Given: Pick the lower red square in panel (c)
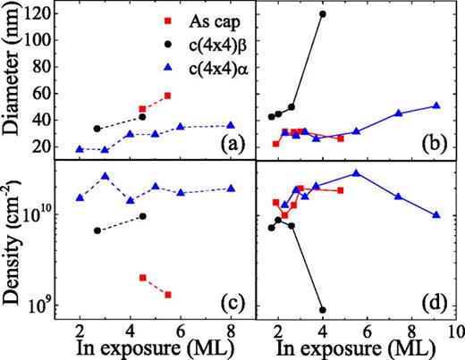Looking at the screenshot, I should point(168,295).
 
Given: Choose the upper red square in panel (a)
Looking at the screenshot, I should point(168,96).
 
